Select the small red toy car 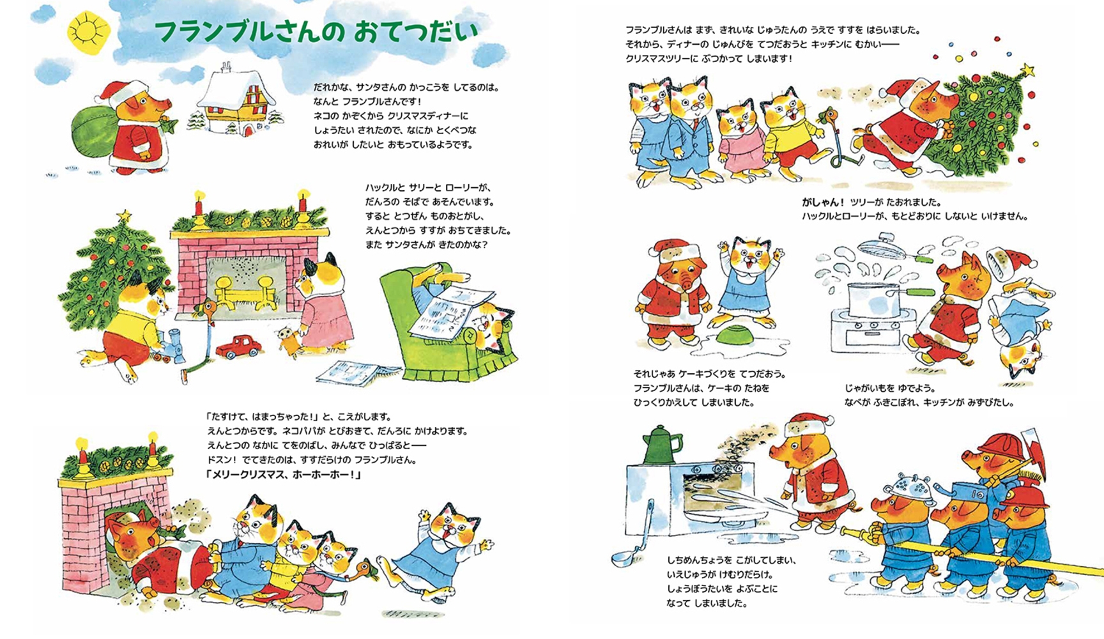(238, 347)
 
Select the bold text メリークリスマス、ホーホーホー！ (284, 475)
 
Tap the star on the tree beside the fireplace (123, 215)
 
